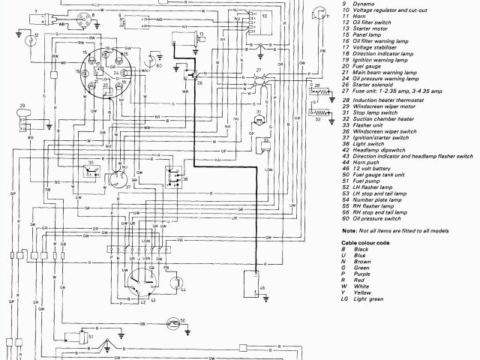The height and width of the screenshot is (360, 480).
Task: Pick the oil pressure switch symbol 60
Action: pos(154,60)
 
